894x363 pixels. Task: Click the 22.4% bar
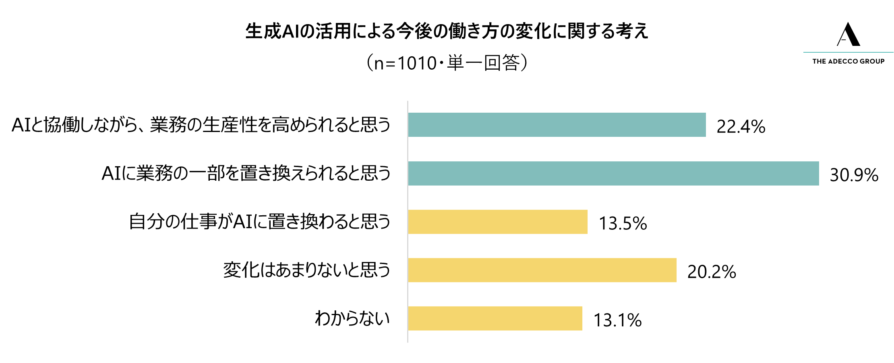click(x=557, y=125)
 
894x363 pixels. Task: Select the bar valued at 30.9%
click(x=613, y=173)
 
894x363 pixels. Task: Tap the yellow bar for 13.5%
click(x=498, y=222)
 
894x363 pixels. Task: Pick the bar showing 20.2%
click(x=542, y=270)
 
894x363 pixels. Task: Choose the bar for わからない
click(x=495, y=318)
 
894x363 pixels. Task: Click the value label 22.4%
click(x=741, y=126)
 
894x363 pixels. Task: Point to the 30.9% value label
click(x=854, y=175)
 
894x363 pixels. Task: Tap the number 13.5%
click(x=623, y=223)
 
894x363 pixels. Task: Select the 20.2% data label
click(x=712, y=272)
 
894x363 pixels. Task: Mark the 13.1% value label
click(x=617, y=320)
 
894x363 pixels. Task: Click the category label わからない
click(x=352, y=318)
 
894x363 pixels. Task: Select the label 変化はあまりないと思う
click(x=307, y=270)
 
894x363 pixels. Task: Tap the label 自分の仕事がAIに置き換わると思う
click(x=260, y=222)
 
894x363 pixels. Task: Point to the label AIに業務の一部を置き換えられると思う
click(x=246, y=173)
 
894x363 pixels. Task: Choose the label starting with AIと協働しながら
click(x=201, y=125)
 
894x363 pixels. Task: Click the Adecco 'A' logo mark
click(x=848, y=35)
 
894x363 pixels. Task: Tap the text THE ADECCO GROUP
click(x=848, y=61)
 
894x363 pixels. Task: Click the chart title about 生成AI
click(x=447, y=31)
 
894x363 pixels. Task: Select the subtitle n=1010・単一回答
click(x=447, y=63)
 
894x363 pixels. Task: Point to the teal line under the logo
click(x=848, y=52)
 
